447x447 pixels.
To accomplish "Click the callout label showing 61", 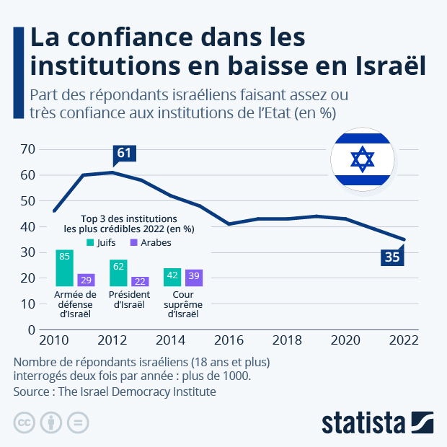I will pos(124,153).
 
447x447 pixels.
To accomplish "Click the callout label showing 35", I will pos(391,257).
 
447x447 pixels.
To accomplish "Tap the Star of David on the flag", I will pos(362,159).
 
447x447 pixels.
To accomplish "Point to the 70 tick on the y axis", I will pos(28,149).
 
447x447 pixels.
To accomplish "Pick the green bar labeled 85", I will pos(65,267).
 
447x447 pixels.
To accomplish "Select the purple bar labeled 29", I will pos(86,280).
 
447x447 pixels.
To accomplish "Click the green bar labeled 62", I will pos(118,273).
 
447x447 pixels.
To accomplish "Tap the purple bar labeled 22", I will pos(140,281).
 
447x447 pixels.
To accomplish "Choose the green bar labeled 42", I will pos(172,278).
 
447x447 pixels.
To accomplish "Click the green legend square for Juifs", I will pos(90,243).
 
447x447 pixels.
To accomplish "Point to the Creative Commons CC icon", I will pos(25,422).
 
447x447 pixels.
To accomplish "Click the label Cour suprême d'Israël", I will pos(183,304).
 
